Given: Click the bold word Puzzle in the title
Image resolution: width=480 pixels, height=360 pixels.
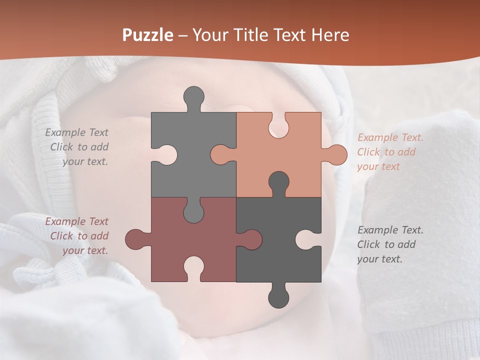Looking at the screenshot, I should coord(148,35).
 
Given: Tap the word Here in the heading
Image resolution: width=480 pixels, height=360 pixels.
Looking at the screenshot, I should coord(330,35).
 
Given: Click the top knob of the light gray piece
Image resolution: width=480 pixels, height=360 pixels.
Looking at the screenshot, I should coord(194,96).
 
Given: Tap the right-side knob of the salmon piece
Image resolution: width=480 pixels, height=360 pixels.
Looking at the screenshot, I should coord(337,154).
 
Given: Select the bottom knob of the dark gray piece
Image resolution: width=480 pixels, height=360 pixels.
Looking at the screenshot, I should coord(278,297).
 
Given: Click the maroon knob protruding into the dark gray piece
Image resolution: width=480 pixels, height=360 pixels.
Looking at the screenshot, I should coord(252,239).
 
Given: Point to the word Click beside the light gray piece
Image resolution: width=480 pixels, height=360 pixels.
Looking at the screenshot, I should coord(62,147).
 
